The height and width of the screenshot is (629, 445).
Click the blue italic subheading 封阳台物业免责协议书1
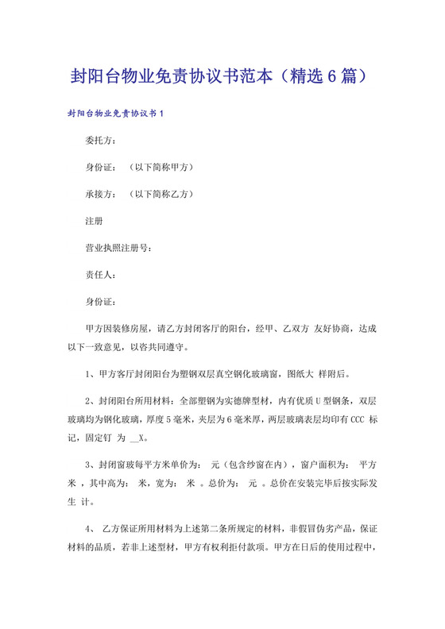point(115,114)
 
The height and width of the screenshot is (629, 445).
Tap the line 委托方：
point(101,141)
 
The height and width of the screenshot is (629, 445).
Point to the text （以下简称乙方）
point(161,194)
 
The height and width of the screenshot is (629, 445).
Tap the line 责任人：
point(101,275)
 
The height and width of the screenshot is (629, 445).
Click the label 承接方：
point(101,194)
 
